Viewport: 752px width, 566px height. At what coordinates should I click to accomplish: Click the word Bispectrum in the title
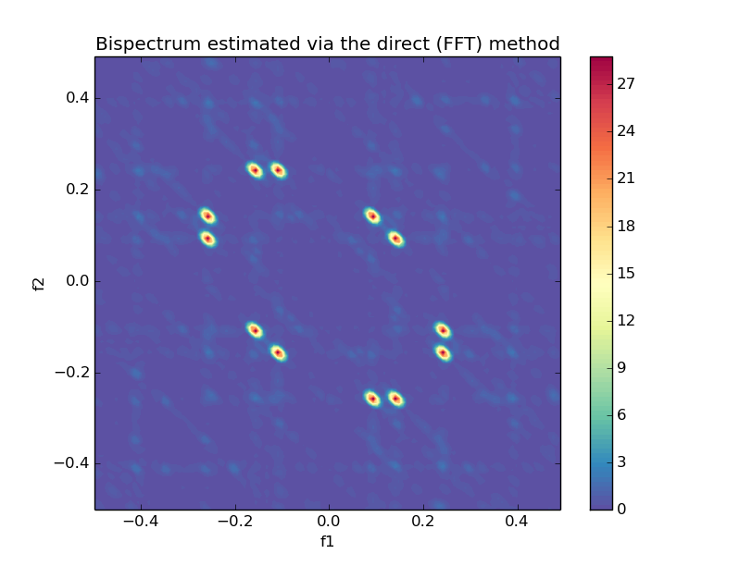145,43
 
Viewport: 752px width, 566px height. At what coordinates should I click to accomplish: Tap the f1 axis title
327,541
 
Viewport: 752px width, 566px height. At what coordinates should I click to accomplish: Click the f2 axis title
39,283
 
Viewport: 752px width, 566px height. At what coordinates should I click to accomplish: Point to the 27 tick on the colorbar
627,83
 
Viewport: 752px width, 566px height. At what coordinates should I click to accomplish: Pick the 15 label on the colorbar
627,273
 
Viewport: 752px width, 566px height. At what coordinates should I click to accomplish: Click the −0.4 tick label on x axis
138,523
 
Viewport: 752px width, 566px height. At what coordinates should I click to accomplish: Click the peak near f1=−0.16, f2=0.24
255,170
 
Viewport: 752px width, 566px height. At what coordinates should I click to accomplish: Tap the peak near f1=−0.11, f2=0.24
278,170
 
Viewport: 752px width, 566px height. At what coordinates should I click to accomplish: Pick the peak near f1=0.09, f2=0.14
372,215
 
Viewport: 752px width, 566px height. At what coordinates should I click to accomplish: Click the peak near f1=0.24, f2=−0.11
443,330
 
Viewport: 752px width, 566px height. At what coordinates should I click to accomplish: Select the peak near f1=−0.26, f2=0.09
207,239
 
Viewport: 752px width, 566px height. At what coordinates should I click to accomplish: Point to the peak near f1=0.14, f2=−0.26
395,399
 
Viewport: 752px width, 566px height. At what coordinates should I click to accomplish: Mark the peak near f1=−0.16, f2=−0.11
255,330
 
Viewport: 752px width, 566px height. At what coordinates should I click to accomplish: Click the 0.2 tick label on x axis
423,523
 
